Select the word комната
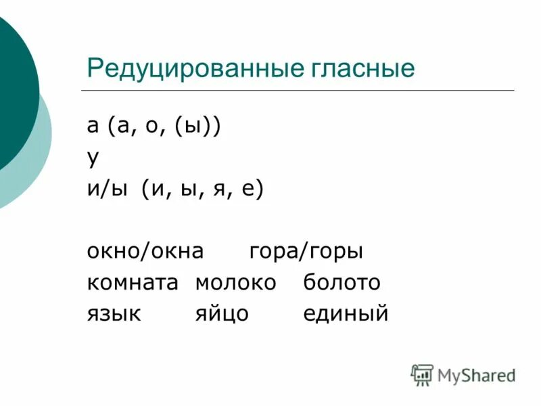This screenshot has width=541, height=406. (132, 282)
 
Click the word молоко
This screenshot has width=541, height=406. (235, 282)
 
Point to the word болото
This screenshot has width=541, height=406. (342, 282)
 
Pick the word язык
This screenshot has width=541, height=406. (114, 313)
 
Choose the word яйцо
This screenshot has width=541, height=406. (222, 313)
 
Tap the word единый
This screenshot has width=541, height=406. (346, 313)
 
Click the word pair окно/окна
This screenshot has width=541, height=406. (145, 251)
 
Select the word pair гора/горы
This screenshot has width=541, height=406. (306, 251)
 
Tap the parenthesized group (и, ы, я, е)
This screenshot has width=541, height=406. (202, 189)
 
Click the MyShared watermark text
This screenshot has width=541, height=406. (476, 374)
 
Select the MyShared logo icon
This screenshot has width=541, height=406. (422, 374)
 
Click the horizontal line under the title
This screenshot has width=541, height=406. (298, 91)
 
